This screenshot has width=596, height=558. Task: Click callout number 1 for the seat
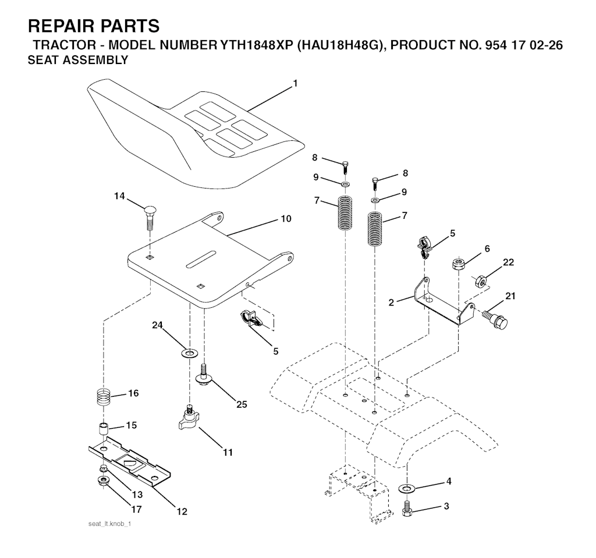click(295, 84)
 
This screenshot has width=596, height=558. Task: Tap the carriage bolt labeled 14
click(150, 218)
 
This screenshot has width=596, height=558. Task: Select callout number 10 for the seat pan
click(286, 219)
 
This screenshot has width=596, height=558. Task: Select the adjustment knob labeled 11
click(188, 418)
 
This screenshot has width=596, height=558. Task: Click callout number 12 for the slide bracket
click(182, 511)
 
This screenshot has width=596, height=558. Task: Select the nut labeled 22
click(480, 281)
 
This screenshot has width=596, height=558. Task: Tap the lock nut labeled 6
click(458, 264)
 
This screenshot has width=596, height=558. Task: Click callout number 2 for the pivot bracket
click(392, 303)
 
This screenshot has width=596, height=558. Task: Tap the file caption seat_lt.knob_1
click(109, 524)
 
